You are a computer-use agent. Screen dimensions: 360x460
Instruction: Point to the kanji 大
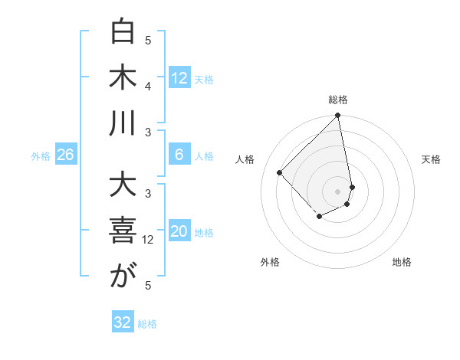123,186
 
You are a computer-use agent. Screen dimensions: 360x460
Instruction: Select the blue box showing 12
179,78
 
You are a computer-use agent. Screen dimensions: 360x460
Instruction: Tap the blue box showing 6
179,155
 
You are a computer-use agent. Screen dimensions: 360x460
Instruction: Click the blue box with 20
179,232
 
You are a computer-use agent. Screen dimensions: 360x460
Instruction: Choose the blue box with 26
65,155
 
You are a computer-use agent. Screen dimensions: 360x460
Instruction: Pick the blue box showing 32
123,322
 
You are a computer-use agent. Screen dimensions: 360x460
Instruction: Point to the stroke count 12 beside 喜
149,239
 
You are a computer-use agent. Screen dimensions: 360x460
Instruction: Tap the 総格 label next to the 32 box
147,324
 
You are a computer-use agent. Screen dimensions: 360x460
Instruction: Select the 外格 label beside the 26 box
41,156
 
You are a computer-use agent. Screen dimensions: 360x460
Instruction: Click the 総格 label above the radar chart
338,100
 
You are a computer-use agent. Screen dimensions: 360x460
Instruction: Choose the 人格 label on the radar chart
245,159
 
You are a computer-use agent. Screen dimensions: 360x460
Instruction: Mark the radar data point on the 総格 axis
337,116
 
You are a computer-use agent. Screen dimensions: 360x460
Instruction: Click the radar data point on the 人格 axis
280,172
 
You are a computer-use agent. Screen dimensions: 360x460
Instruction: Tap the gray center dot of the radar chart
337,191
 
